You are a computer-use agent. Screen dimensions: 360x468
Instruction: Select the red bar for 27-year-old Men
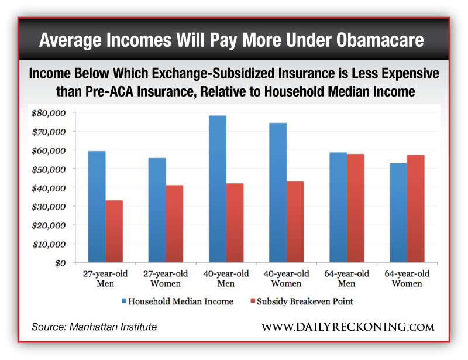pos(114,231)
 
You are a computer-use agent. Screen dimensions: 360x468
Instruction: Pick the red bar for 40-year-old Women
pos(295,222)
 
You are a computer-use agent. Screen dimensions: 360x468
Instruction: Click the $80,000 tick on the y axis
pos(49,112)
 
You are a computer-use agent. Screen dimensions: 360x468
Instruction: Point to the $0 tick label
pos(58,262)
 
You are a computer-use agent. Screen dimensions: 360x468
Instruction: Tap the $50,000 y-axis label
pos(49,169)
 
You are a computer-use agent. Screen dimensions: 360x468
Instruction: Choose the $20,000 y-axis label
pos(49,225)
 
